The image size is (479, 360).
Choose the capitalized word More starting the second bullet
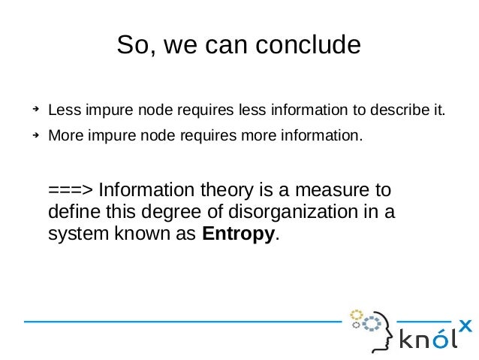65,138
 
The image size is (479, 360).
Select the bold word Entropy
239,233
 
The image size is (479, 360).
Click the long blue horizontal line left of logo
180,322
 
